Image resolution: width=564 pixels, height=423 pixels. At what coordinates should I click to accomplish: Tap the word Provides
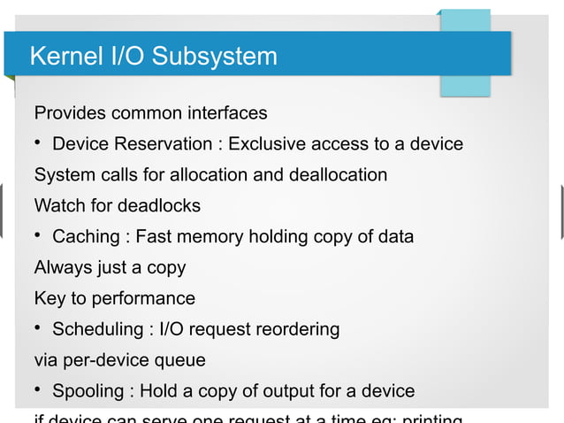coord(70,113)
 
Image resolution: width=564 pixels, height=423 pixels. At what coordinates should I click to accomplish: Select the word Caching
coord(86,237)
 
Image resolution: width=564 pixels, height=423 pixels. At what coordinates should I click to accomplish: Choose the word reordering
coord(297,329)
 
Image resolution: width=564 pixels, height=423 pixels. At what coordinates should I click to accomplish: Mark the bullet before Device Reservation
coord(39,143)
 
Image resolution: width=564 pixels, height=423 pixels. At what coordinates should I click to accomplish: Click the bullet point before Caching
coord(39,236)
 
